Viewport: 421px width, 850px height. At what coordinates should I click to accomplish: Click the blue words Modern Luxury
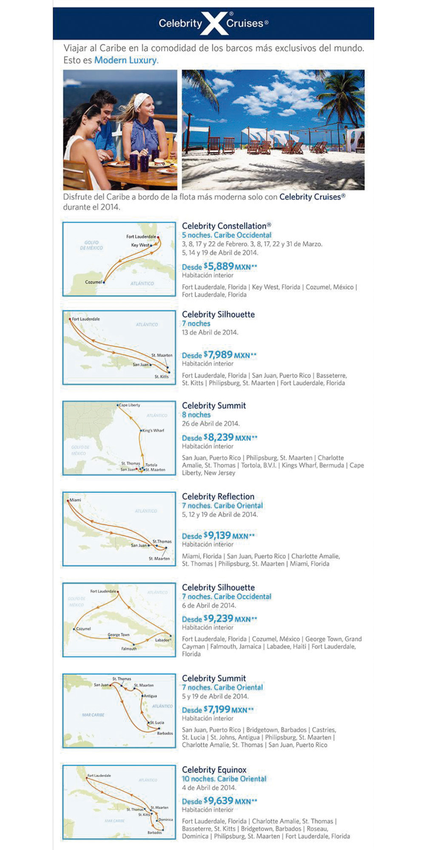pyautogui.click(x=126, y=60)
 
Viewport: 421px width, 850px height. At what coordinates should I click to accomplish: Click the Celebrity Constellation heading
pyautogui.click(x=226, y=226)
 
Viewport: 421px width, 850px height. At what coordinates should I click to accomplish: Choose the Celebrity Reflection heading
pyautogui.click(x=218, y=496)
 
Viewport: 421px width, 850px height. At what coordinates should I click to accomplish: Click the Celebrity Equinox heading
pyautogui.click(x=214, y=770)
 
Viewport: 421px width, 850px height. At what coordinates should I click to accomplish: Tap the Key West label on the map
pyautogui.click(x=140, y=245)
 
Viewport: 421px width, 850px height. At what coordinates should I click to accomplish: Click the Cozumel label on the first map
pyautogui.click(x=93, y=282)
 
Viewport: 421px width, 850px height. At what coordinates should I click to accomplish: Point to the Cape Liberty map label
pyautogui.click(x=129, y=405)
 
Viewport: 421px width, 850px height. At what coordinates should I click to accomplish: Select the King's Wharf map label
pyautogui.click(x=153, y=431)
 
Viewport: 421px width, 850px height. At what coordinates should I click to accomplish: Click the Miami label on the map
pyautogui.click(x=75, y=500)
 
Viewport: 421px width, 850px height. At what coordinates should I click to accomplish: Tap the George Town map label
pyautogui.click(x=119, y=635)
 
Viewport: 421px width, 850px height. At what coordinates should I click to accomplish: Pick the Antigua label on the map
pyautogui.click(x=150, y=696)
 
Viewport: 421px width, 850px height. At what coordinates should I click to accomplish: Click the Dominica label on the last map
pyautogui.click(x=165, y=819)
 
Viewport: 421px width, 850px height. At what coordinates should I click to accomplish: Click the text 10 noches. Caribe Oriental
pyautogui.click(x=224, y=779)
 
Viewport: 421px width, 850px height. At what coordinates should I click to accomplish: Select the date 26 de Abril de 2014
pyautogui.click(x=211, y=423)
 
